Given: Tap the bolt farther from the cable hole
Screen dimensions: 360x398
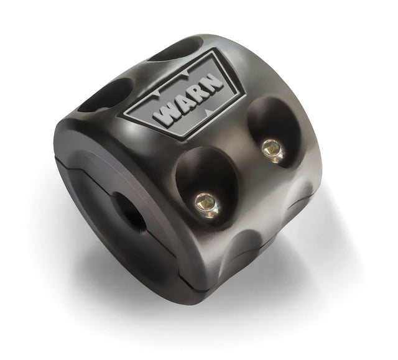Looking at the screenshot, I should (271, 148).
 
